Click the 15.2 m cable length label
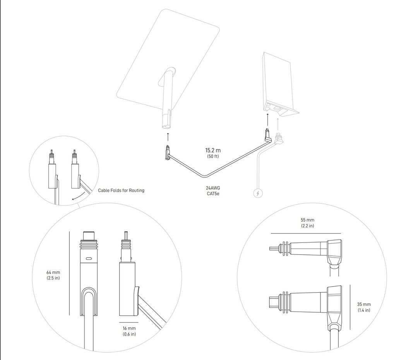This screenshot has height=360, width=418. pos(213,150)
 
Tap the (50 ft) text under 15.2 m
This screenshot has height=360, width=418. pos(213,156)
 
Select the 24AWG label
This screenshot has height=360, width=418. pos(213,188)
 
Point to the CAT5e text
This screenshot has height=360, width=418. pos(213,193)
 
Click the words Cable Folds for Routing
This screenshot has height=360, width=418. pos(121,190)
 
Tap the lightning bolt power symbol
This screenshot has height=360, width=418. pos(258,193)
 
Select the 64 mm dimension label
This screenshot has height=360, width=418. pos(53,273)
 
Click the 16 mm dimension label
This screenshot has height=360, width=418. pos(129,328)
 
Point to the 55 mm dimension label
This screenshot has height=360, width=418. pos(308,220)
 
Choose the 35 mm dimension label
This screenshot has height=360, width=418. pos(364,304)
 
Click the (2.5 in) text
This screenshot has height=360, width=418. pos(53,278)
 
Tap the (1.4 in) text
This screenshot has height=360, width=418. pos(364,310)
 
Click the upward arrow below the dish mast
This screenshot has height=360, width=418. pos(168,136)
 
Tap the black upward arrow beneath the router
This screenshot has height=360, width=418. pos(267,118)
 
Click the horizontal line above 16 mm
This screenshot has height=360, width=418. pos(128,322)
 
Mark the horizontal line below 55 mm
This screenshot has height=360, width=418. pos(306,233)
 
